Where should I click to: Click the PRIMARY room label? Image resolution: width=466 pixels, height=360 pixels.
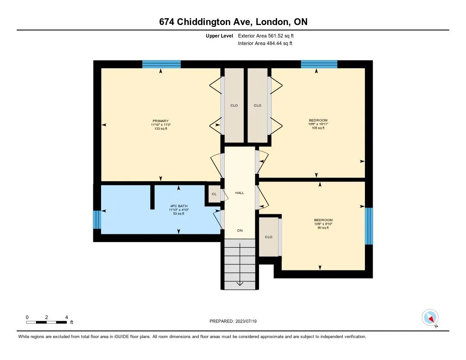tap(161, 121)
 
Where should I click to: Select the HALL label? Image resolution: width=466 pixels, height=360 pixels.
tap(239, 193)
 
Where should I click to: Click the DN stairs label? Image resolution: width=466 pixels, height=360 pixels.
tap(240, 230)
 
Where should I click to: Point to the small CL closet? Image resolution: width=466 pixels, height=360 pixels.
tap(214, 194)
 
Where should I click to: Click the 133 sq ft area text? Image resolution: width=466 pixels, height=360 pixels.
tap(161, 129)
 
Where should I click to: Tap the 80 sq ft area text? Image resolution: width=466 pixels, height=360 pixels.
tap(323, 228)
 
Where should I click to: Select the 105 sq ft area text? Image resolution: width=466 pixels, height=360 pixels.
tap(318, 128)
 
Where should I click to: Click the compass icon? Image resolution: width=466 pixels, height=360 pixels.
tap(430, 317)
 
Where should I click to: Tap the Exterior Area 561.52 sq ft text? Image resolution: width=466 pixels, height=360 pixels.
tap(269, 35)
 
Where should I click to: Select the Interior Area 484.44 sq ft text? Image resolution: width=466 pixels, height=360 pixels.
tap(265, 44)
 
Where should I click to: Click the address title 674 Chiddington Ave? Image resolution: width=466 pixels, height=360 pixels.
tap(233, 22)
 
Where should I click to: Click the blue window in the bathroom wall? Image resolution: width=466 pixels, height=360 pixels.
tap(96, 220)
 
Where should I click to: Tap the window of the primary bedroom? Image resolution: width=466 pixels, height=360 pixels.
tap(161, 64)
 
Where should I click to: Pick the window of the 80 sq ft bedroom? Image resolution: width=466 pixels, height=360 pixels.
tap(369, 226)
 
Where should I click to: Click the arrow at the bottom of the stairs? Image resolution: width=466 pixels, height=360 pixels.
tap(240, 284)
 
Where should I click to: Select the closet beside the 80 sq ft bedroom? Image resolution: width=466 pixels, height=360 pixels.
tap(268, 237)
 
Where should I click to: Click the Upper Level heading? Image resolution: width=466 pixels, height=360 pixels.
tap(219, 35)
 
